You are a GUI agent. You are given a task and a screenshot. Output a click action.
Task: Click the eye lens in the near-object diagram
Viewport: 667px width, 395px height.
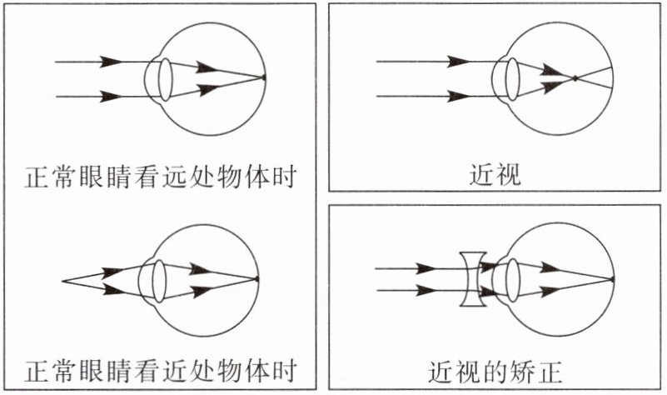pyautogui.click(x=155, y=280)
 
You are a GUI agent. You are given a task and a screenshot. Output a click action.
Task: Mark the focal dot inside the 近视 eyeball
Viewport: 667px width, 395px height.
pyautogui.click(x=574, y=78)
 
